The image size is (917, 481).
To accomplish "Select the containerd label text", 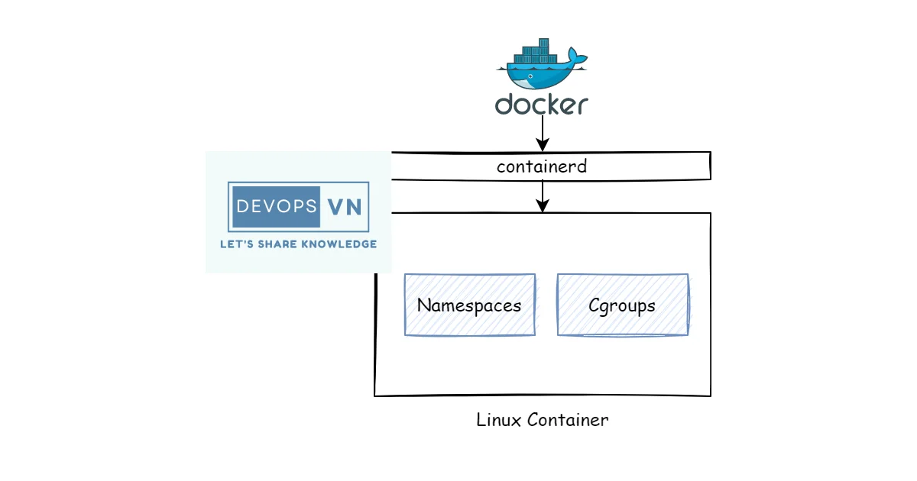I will click(x=542, y=166).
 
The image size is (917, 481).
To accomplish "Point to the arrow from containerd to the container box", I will click(x=542, y=194).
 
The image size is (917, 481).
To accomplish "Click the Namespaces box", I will click(x=469, y=305).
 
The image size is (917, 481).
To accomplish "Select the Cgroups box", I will click(x=622, y=305).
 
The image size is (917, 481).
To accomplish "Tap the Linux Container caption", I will click(x=542, y=420).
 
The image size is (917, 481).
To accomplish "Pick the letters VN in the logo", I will click(x=344, y=206).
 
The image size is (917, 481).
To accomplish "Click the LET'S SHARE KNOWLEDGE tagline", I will click(x=298, y=244).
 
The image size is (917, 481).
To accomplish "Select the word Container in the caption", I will click(x=566, y=420).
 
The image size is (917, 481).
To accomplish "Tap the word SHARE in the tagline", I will click(x=280, y=244).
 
